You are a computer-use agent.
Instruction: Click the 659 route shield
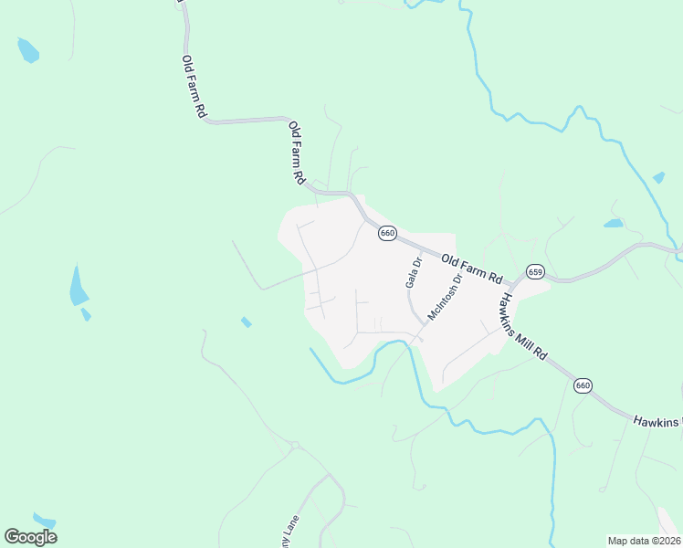pos(535,272)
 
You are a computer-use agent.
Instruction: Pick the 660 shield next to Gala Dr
pos(388,233)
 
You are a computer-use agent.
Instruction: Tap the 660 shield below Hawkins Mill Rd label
pos(583,386)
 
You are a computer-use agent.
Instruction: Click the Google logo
pos(31,536)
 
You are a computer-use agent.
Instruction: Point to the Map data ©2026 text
pos(644,541)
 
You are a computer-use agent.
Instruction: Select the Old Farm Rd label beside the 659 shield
pos(472,268)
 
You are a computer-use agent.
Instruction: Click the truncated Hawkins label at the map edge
pos(657,422)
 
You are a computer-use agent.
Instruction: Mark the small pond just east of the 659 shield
pos(613,223)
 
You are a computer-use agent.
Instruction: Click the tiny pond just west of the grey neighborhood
pos(246,321)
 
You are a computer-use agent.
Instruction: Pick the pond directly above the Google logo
pos(44,520)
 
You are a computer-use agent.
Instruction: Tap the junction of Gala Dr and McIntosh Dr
pos(423,321)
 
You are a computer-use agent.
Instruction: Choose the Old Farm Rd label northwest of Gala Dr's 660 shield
pos(296,153)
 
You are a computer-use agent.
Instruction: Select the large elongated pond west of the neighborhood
pos(79,288)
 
